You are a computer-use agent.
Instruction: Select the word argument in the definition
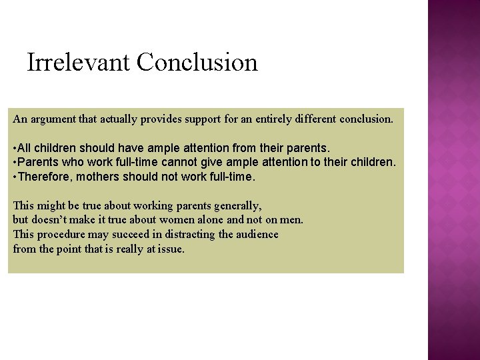(x=53, y=119)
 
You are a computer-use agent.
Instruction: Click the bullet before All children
(x=15, y=147)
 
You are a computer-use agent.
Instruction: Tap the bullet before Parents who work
(x=15, y=162)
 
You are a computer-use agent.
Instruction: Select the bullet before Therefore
(x=15, y=177)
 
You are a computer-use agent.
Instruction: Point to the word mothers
(x=103, y=177)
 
